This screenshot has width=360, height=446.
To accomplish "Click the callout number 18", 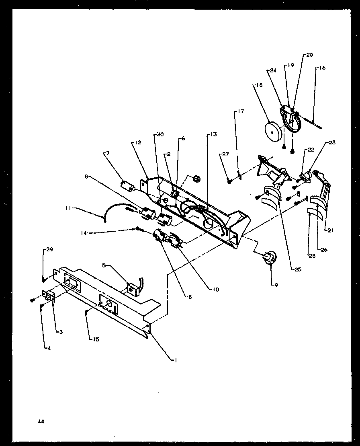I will (x=258, y=85).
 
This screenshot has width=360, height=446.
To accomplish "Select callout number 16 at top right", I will (x=323, y=68).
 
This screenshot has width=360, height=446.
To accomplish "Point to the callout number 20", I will (x=309, y=55).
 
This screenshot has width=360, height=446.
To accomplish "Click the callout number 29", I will (x=49, y=250).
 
